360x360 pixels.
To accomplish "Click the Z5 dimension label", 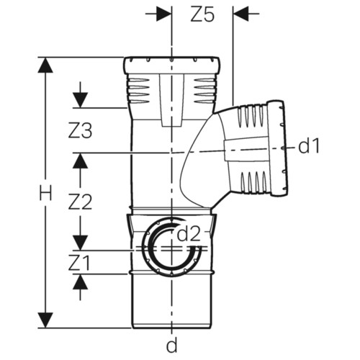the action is point(202,14).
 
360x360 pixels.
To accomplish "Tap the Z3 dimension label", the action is point(80,131).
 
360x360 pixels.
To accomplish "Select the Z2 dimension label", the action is point(80,202).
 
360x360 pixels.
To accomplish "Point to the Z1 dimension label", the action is point(79,263).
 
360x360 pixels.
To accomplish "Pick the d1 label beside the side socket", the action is point(309,146).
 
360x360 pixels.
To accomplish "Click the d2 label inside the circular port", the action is point(189,234).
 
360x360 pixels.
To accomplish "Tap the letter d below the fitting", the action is point(172,346).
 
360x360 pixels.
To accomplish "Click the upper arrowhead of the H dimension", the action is point(45,65).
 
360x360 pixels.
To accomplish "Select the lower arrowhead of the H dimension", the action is point(45,320).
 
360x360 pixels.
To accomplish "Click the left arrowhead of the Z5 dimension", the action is point(164,14).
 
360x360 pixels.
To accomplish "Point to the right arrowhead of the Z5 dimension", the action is point(240,14).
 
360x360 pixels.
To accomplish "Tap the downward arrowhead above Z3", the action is point(80,100).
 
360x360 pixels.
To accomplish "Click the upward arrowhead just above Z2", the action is point(80,161).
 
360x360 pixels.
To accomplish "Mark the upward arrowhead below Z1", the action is point(80,282).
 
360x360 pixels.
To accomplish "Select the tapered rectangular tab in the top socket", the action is point(172,100).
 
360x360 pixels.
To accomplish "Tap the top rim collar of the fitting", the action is point(172,65).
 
